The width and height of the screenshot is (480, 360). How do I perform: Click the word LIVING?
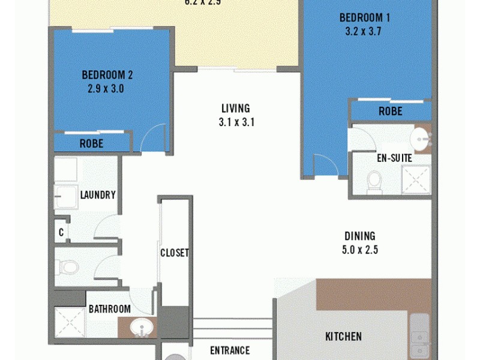tap(235, 109)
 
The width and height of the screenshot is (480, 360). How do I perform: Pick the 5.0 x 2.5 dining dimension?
tap(360, 250)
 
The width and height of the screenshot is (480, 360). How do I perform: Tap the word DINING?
tap(360, 236)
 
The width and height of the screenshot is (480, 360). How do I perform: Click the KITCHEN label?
tap(343, 337)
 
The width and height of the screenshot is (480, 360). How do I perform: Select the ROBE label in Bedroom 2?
tap(91, 144)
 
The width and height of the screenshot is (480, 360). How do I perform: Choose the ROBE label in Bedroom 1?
tap(390, 112)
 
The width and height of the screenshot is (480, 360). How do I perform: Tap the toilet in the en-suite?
tap(375, 179)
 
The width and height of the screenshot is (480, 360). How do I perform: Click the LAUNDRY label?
tap(98, 195)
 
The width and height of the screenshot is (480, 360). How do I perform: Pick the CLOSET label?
tap(175, 253)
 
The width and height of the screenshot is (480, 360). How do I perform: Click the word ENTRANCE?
tap(229, 350)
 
